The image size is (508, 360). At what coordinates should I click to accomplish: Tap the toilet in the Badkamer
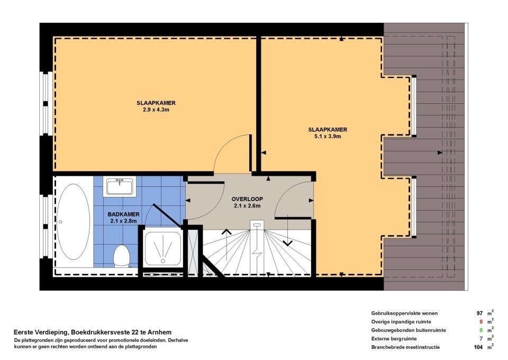click(122, 256)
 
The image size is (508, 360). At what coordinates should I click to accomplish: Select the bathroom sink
click(120, 187)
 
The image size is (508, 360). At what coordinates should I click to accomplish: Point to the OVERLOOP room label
click(247, 200)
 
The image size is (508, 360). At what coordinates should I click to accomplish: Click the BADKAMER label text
click(123, 214)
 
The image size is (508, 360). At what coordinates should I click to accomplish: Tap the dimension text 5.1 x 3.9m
click(325, 136)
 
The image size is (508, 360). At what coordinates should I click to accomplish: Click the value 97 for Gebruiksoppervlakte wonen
click(480, 313)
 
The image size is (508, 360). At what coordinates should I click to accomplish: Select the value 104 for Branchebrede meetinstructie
click(478, 347)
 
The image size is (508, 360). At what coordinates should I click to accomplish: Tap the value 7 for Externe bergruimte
click(482, 339)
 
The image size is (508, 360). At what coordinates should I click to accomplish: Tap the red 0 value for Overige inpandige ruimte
click(482, 322)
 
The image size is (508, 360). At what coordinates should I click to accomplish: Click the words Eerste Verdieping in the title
click(38, 332)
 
